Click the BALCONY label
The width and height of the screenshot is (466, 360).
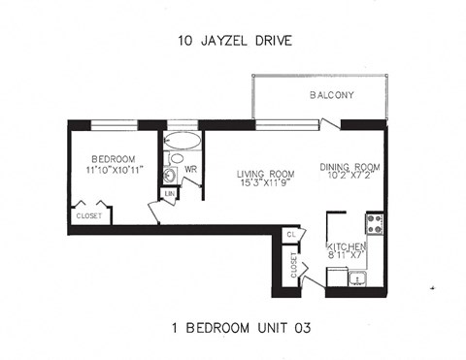point(331,95)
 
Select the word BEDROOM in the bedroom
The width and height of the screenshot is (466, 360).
point(114,159)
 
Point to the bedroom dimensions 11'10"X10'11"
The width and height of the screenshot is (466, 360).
point(114,171)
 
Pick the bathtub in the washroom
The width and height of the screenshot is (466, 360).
point(183,141)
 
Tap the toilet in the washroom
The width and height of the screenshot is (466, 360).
point(176,158)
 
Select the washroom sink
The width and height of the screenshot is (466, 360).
point(169,176)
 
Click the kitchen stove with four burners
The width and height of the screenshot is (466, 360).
point(374,226)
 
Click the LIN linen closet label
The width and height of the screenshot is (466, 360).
point(169,195)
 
